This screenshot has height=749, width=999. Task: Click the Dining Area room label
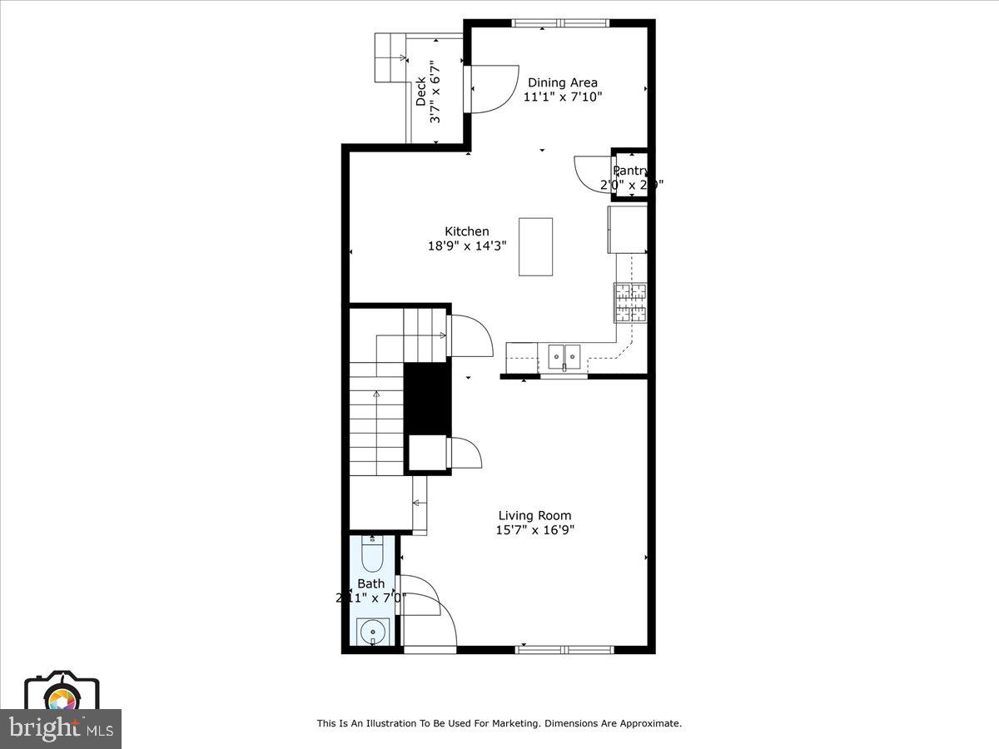coord(562,82)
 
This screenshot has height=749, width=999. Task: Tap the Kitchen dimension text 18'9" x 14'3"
coord(466,246)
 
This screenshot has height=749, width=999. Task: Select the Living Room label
coord(534,515)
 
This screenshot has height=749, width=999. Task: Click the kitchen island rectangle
coord(535,246)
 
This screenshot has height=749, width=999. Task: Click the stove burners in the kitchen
coord(630,302)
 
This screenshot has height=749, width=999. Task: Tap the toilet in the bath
coord(372,553)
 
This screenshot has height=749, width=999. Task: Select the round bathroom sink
coord(373,632)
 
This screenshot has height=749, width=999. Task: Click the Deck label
coord(420,90)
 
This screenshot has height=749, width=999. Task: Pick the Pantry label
coord(630,171)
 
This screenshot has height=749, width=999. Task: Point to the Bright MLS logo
coord(61,729)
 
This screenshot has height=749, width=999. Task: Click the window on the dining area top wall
coord(560,23)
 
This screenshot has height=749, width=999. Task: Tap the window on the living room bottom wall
coord(564,649)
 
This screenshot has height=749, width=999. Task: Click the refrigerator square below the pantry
coord(628,230)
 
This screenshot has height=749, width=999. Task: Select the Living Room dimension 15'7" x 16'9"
coord(534,529)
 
